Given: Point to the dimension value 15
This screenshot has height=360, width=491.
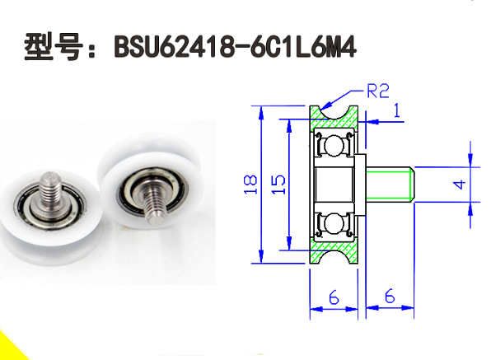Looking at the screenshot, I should (x=280, y=183).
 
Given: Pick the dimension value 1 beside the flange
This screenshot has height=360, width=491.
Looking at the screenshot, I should (x=397, y=111).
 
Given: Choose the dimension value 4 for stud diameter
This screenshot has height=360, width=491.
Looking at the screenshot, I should (x=461, y=184).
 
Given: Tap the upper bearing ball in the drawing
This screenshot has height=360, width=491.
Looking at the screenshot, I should (x=334, y=146).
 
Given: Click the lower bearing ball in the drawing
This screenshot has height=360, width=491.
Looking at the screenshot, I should (x=334, y=223).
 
